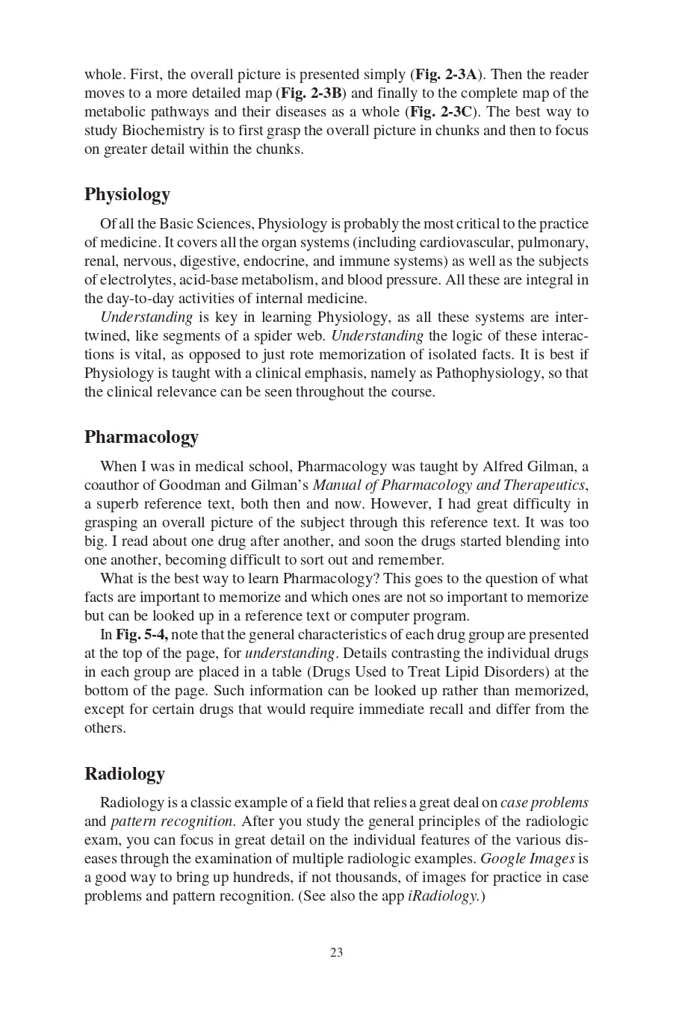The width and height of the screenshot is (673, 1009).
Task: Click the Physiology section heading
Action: (x=127, y=194)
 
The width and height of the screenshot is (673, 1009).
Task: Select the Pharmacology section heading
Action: (x=141, y=437)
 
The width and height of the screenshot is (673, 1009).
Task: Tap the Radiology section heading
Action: (x=124, y=774)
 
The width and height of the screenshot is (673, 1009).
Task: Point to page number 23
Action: (x=336, y=952)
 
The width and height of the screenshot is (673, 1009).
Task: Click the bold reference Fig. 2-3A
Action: (x=446, y=75)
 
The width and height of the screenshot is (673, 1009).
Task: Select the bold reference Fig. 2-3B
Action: (x=311, y=93)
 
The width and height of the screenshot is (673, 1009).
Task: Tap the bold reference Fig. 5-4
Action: (x=141, y=635)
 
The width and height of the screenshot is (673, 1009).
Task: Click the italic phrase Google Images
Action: (x=527, y=859)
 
